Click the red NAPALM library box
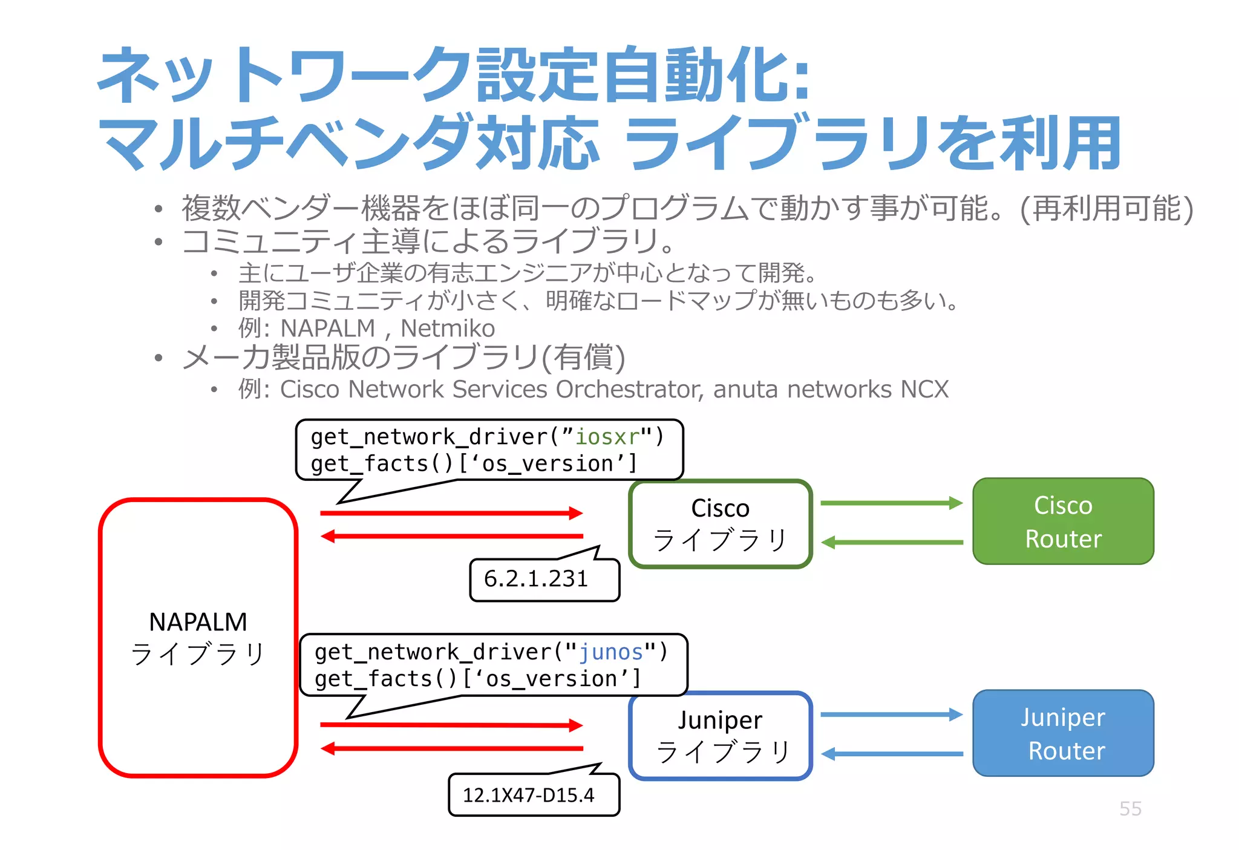198,638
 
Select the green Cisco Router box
1063,521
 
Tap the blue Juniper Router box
1063,733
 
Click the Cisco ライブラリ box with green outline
720,524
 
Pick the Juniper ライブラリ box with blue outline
720,736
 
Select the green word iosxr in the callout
607,437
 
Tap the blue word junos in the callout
611,652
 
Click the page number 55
1130,809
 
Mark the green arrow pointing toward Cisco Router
891,503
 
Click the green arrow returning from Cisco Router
891,543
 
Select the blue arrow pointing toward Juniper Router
891,714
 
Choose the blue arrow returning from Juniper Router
891,754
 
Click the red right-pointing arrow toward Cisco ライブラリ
451,514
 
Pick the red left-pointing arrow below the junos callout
451,749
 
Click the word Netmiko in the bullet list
448,329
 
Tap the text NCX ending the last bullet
924,390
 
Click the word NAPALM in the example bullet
328,329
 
